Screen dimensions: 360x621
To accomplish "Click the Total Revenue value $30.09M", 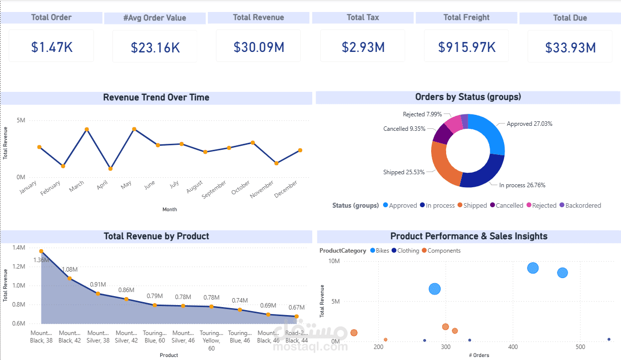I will tap(258, 47).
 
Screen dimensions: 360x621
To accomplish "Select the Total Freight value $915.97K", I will tap(466, 47).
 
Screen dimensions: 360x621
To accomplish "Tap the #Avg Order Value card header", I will tap(154, 18).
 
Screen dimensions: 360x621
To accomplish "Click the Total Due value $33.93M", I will tap(570, 48).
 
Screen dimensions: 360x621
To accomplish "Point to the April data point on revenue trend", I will tap(110, 169).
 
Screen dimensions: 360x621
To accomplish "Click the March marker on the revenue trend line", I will tap(86, 129).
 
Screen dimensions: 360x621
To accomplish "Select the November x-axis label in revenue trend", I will tap(262, 190).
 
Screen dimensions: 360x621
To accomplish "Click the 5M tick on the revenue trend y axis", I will tap(21, 120).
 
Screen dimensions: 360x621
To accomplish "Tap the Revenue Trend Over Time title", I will tap(156, 97).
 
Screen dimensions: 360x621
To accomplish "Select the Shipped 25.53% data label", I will tap(404, 172).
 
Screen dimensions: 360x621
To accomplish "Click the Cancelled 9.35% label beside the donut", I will tap(404, 129).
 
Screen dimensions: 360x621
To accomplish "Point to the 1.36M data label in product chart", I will tap(41, 260).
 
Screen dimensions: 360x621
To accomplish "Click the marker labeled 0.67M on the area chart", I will tap(296, 317).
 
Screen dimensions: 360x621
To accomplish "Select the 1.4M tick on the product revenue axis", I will tap(18, 248).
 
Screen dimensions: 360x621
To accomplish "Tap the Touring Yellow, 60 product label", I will tap(211, 341).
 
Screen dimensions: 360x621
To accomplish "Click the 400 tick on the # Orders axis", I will tap(513, 347).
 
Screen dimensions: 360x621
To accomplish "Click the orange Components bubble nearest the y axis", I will tap(354, 333).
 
